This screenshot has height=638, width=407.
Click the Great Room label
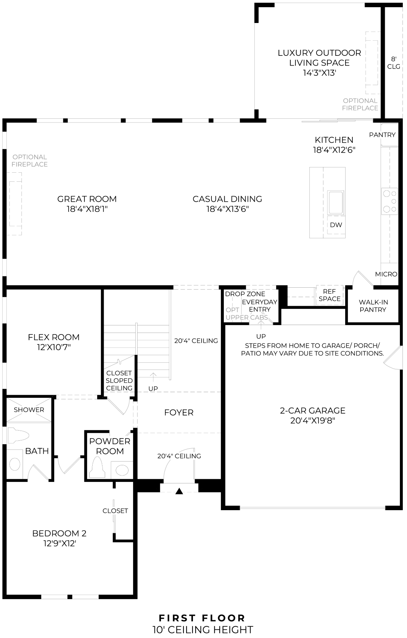point(87,199)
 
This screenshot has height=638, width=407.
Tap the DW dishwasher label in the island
point(336,225)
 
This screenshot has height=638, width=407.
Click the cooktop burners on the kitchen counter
point(390,201)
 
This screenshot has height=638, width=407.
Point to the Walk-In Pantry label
point(373,306)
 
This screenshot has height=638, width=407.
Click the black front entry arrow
point(179,491)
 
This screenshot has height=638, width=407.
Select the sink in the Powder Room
point(122,470)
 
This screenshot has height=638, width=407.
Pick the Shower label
point(29,409)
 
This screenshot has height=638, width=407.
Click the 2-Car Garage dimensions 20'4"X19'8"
point(312,420)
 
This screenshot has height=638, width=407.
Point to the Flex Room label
point(54,337)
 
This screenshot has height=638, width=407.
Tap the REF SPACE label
point(329,295)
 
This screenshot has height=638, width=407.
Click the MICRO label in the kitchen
point(386,274)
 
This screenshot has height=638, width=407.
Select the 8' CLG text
point(393,63)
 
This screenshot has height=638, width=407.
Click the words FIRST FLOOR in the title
point(202,618)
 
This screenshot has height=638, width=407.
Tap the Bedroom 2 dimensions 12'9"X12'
point(60,543)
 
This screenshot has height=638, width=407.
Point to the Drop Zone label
point(245,294)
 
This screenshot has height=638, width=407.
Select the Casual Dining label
point(227,199)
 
